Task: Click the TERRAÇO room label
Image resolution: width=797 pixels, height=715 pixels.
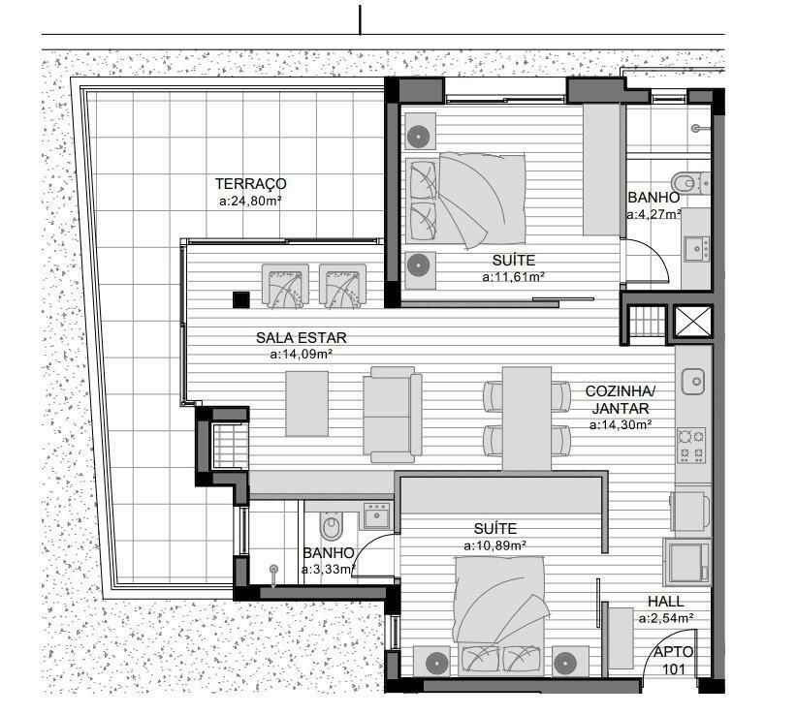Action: pos(250,183)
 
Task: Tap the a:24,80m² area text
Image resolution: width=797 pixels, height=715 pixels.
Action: pos(250,202)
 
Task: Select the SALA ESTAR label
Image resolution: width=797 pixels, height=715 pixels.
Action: pos(301,338)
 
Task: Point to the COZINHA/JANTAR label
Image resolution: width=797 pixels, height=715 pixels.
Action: pos(621,400)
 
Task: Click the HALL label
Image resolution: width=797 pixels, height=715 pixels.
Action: pos(666,602)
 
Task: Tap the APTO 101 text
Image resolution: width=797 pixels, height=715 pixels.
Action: pos(674,661)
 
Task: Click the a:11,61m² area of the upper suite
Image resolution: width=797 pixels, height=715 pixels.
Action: pos(513,277)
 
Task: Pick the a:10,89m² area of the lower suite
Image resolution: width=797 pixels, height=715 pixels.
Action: pos(494,545)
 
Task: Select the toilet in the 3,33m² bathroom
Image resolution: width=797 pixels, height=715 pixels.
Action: pos(331,524)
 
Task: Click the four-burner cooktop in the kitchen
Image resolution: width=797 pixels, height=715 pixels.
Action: pos(691,446)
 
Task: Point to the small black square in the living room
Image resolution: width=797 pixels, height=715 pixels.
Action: pos(240,299)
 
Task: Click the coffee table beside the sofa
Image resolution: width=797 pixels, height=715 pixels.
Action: pos(306,404)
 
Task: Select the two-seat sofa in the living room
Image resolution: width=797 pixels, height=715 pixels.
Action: pos(392,415)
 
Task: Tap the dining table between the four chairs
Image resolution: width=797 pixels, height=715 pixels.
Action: pos(526,419)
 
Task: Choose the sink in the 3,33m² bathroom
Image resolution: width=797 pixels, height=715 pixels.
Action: pos(376,516)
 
